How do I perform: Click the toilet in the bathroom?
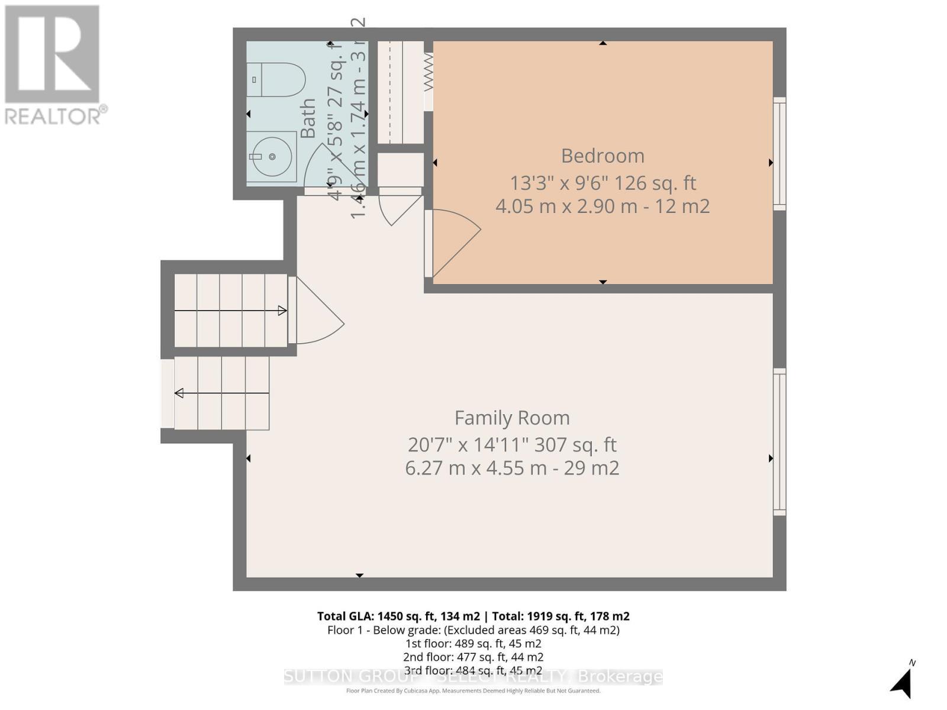click(276, 80)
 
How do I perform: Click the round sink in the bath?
click(271, 157)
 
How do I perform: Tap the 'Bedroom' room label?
click(603, 156)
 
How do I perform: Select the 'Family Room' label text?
click(512, 418)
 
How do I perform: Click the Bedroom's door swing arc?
click(456, 243)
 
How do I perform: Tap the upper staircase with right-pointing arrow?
click(231, 310)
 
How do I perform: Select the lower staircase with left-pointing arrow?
click(222, 393)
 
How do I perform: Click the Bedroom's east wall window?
click(779, 154)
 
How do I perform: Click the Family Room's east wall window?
click(779, 441)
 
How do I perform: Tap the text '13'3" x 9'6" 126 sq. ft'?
click(603, 183)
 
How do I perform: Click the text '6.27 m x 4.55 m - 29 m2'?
click(512, 468)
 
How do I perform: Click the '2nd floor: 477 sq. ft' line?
click(473, 657)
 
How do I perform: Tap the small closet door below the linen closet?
click(400, 204)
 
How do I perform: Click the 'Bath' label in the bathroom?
click(308, 118)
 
